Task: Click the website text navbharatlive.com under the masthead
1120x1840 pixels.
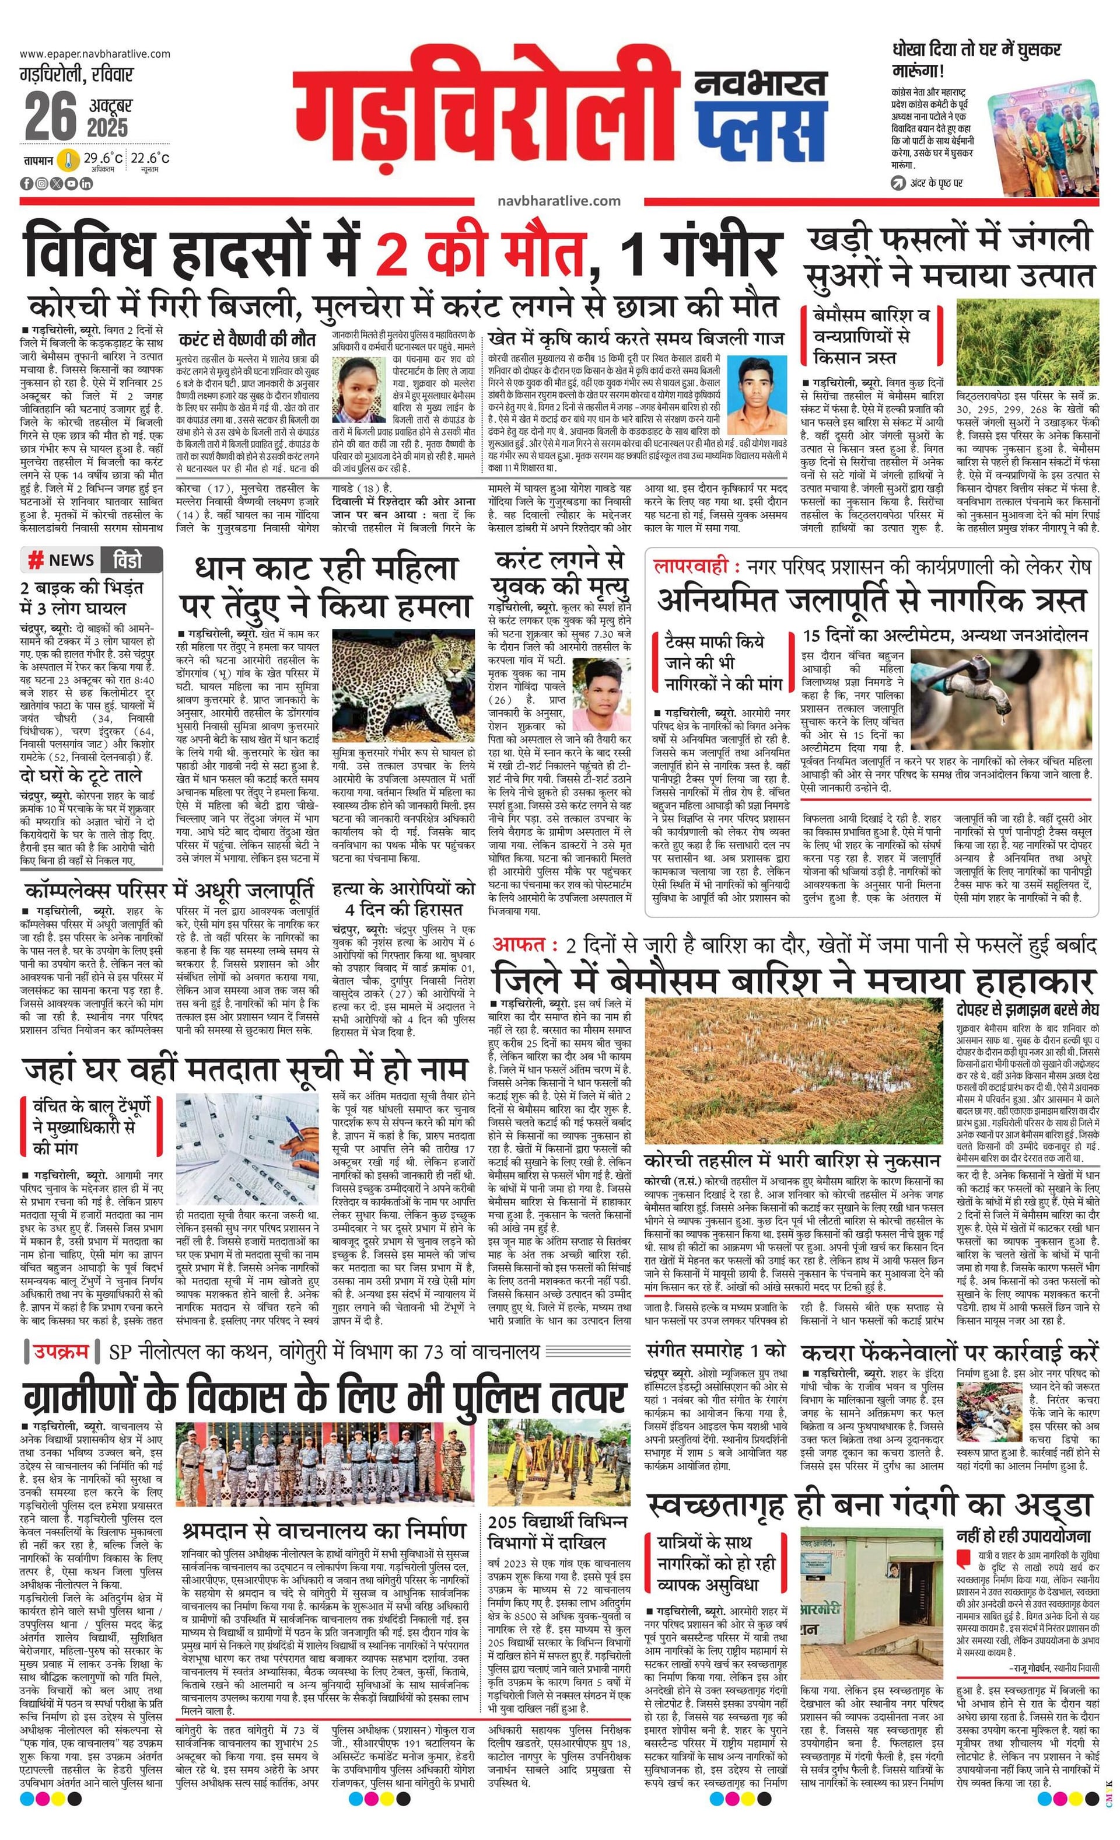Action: (x=558, y=200)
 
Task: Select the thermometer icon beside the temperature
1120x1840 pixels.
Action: (x=69, y=160)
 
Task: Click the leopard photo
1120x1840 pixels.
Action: (x=402, y=686)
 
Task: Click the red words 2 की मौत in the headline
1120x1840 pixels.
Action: (x=480, y=254)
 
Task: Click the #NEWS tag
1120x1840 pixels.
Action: (x=61, y=560)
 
